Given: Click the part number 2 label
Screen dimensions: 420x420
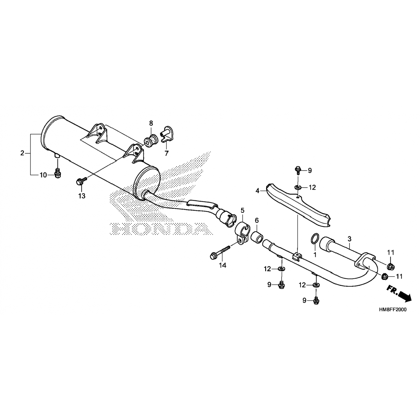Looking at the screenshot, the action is pyautogui.click(x=22, y=153).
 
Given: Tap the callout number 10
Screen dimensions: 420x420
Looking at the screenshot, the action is pyautogui.click(x=43, y=175).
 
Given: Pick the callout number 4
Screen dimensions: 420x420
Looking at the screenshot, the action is pyautogui.click(x=257, y=191).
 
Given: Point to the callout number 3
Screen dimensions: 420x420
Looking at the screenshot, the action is pyautogui.click(x=349, y=239).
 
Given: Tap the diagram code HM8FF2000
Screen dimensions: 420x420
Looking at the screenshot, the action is pyautogui.click(x=391, y=310).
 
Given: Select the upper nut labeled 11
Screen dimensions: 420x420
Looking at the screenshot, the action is pyautogui.click(x=391, y=266).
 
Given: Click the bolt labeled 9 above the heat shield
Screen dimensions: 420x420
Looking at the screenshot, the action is pyautogui.click(x=298, y=169).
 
